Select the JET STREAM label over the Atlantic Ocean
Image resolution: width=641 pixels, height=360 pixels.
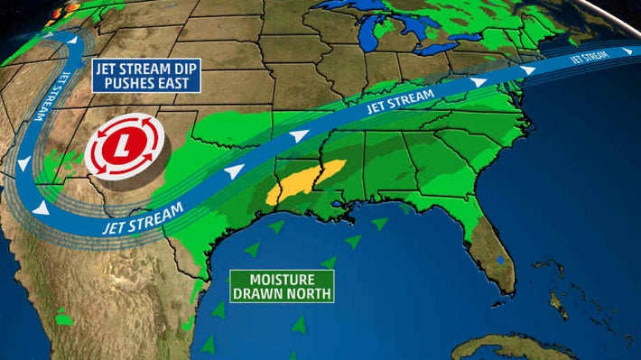(590, 57)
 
